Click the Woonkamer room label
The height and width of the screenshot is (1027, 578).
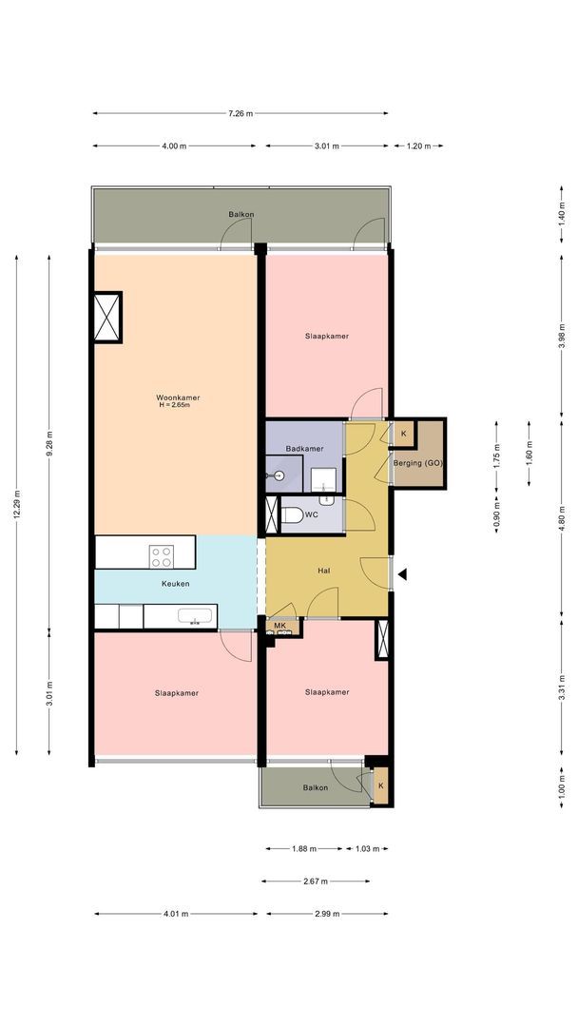[178, 397]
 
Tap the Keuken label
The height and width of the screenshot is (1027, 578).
[176, 584]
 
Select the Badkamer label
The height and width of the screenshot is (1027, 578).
[304, 449]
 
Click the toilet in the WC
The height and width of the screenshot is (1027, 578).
[292, 514]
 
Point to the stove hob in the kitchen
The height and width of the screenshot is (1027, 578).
[161, 556]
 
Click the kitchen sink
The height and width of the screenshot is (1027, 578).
[195, 616]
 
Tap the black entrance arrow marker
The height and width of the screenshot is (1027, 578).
[402, 574]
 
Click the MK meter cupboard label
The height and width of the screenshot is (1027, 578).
[280, 626]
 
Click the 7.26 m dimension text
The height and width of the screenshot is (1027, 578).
[241, 113]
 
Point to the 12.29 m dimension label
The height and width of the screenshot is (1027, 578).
[17, 504]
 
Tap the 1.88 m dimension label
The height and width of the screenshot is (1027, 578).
[304, 848]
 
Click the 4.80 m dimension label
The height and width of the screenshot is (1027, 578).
[561, 517]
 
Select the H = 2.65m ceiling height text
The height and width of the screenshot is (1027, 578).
[174, 405]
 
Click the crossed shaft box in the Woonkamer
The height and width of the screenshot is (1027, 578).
[107, 317]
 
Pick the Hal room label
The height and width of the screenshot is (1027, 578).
[323, 571]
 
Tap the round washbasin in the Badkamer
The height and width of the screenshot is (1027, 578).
[279, 475]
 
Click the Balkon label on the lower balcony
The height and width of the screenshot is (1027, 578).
[316, 787]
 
